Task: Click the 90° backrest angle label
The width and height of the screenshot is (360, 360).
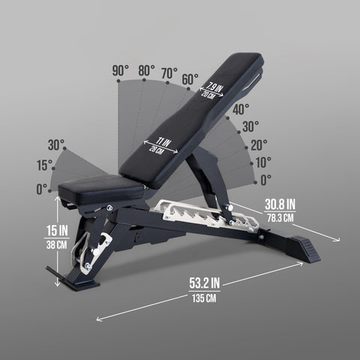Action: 121,70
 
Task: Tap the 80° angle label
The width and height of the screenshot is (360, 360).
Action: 146,70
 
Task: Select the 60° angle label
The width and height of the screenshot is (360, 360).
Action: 190,79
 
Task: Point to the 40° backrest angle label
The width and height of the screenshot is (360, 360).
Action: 241,109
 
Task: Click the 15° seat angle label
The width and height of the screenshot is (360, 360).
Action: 44,165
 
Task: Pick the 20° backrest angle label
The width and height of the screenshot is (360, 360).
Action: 259,145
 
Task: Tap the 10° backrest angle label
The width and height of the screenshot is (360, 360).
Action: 263,162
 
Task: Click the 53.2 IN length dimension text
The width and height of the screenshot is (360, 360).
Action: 205,283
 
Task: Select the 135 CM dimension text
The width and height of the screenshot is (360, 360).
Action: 204,298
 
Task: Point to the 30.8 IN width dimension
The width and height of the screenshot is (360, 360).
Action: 280,205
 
